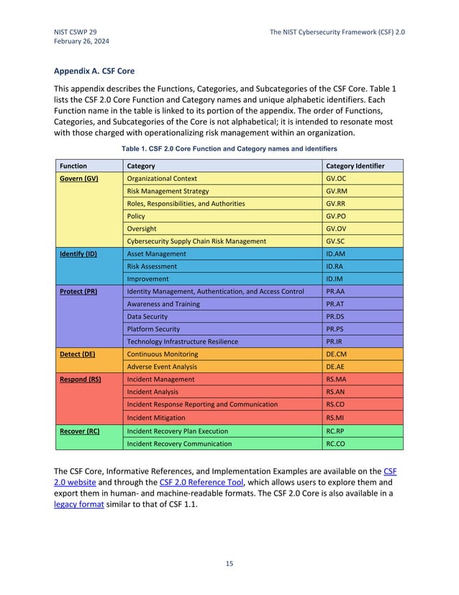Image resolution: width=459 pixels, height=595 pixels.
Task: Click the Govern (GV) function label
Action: (x=80, y=178)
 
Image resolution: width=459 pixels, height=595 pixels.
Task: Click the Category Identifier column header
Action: (x=355, y=166)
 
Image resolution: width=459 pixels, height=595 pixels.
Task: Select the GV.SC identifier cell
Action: (x=336, y=241)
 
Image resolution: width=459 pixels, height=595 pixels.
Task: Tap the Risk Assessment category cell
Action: (x=152, y=267)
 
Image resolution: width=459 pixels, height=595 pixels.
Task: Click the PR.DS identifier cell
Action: (x=335, y=316)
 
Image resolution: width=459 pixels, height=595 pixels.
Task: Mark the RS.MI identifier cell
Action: (x=335, y=417)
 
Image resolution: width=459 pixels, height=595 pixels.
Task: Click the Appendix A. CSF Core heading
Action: (x=94, y=71)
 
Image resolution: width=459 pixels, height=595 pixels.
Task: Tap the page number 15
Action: (x=229, y=563)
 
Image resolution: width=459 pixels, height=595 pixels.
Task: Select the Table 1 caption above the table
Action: (x=229, y=148)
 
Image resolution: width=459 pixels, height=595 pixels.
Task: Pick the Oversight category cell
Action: (x=142, y=228)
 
